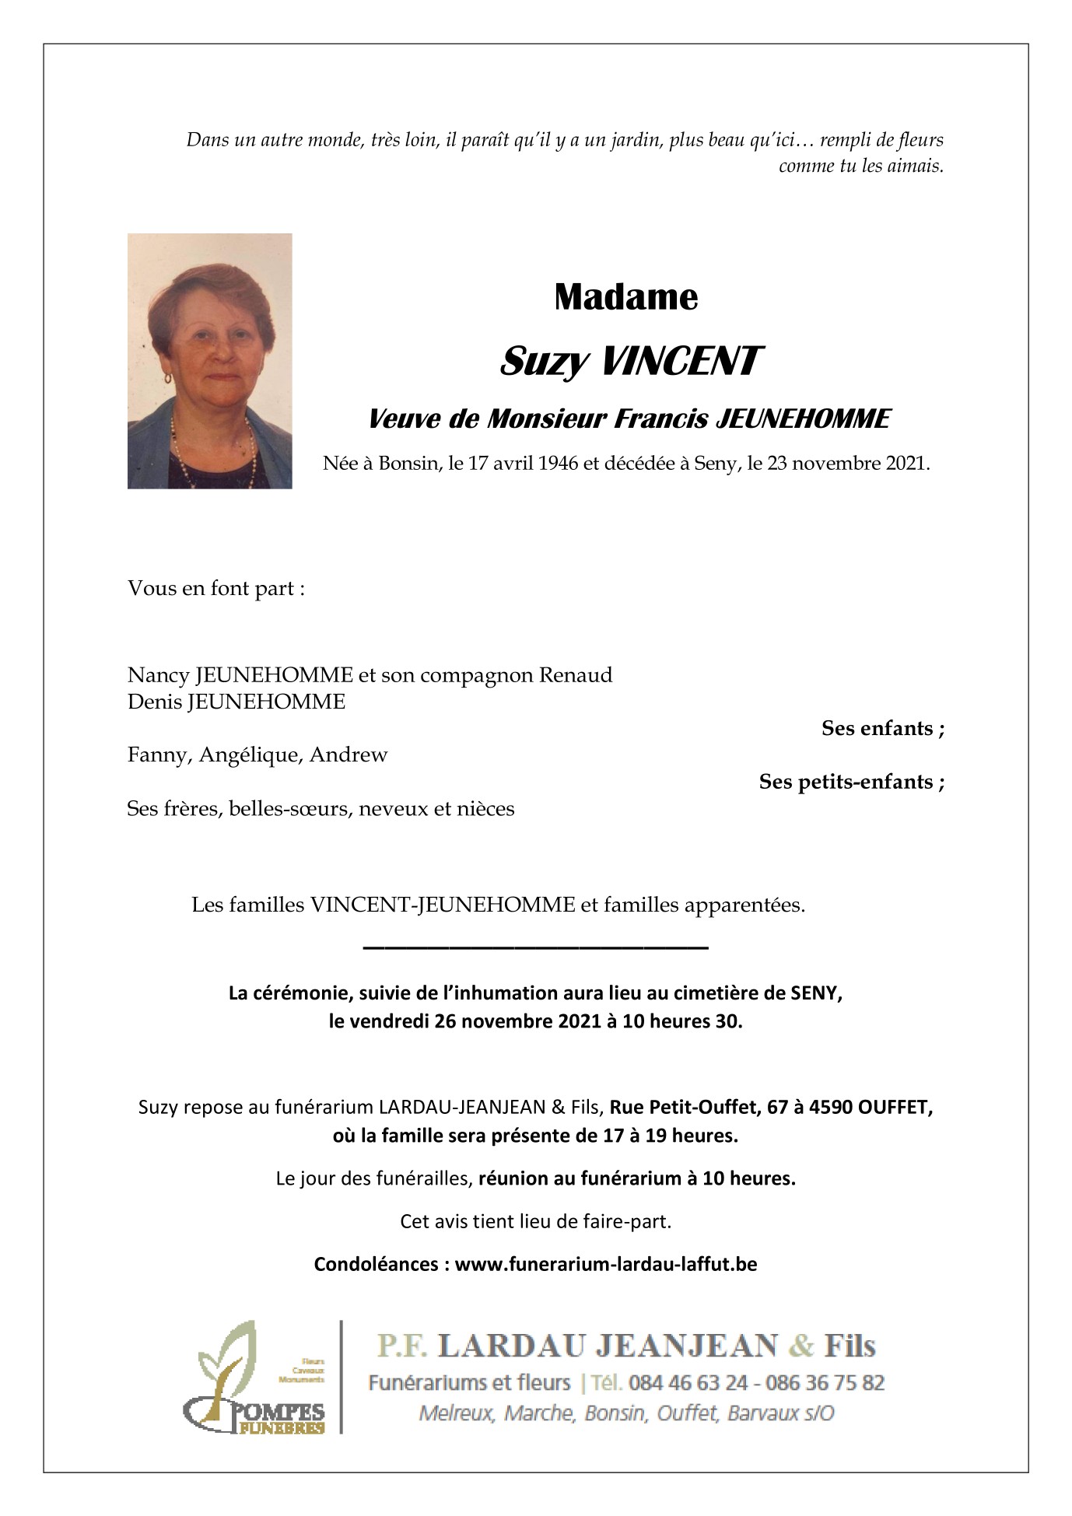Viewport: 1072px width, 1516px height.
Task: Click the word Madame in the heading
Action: coord(625,297)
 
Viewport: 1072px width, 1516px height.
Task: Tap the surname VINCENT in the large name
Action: coord(680,362)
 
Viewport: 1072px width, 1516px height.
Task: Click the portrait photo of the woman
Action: coord(209,361)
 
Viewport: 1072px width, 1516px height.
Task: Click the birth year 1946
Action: coord(558,464)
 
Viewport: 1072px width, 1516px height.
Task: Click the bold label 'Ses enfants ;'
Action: coord(883,729)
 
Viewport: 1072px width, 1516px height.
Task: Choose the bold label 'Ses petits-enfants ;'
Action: coord(852,783)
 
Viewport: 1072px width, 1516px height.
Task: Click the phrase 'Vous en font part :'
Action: coord(215,589)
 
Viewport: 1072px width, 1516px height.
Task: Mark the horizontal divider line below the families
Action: coord(535,947)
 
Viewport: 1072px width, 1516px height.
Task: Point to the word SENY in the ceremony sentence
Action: coord(815,994)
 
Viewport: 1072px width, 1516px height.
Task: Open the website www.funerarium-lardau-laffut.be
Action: coord(606,1265)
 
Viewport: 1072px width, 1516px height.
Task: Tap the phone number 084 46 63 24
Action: coord(688,1383)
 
